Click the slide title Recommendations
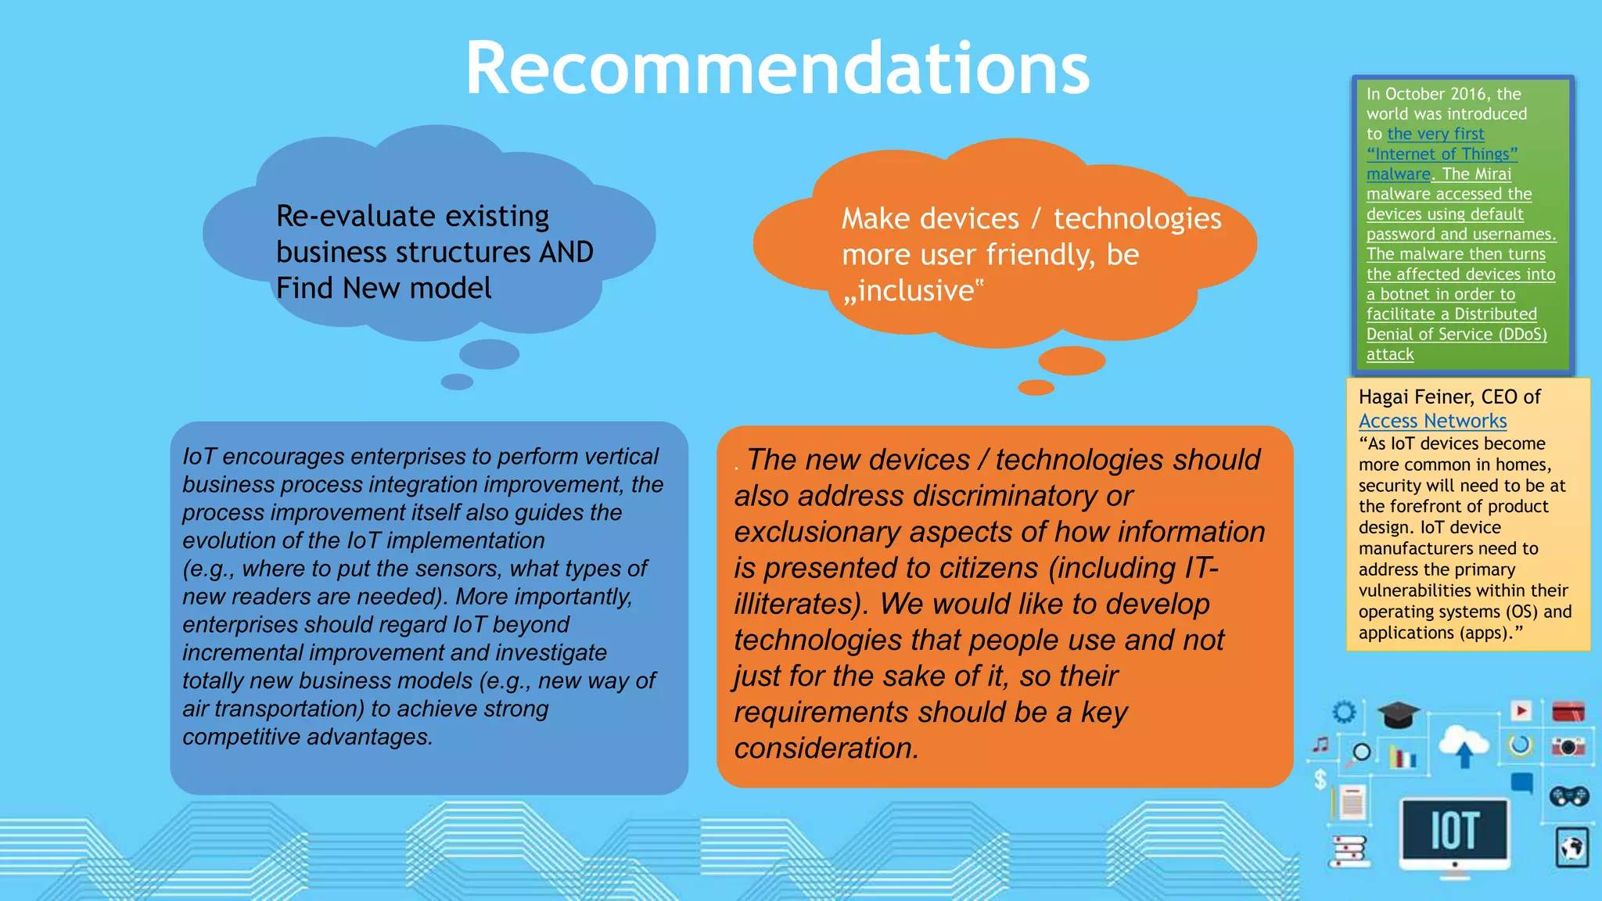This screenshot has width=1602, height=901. (777, 69)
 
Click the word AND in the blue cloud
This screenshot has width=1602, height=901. (566, 252)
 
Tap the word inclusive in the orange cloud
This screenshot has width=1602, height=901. (915, 291)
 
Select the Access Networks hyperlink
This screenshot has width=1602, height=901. (1432, 421)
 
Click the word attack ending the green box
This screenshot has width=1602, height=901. (1390, 354)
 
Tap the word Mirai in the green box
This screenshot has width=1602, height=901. (1492, 174)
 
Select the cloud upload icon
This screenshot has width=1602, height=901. (1464, 746)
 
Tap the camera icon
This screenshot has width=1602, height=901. (1568, 747)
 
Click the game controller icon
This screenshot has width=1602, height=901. (1568, 796)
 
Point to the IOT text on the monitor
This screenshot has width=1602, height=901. (1454, 831)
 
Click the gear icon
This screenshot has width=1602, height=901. (1344, 712)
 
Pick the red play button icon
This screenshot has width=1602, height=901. (1521, 710)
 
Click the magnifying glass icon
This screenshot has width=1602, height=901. (1361, 753)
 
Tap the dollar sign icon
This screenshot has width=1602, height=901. (1320, 779)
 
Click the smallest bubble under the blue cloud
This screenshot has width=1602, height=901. (457, 382)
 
